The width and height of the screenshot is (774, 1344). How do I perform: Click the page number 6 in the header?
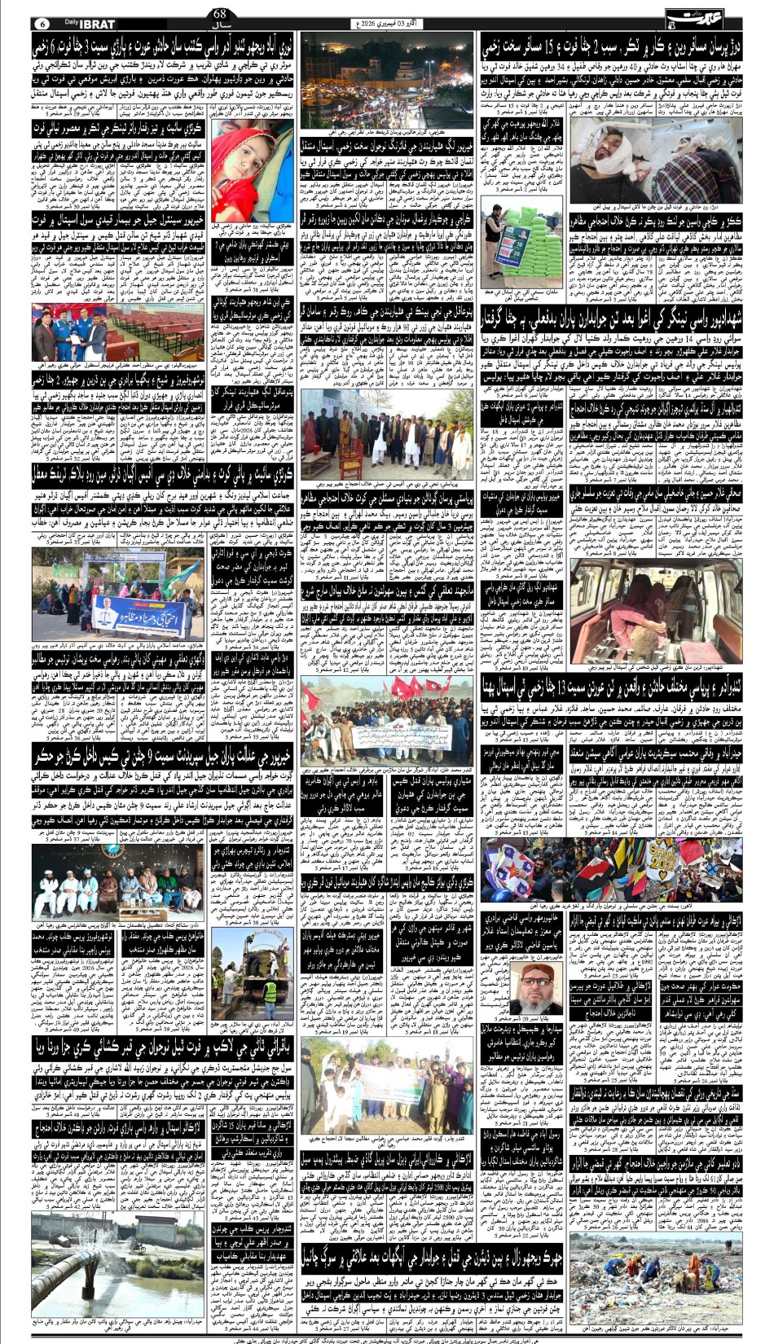(x=42, y=20)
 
